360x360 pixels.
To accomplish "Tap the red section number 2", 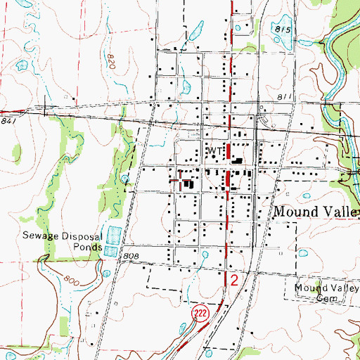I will click(x=235, y=280).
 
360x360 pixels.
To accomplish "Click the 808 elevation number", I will click(x=129, y=257).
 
